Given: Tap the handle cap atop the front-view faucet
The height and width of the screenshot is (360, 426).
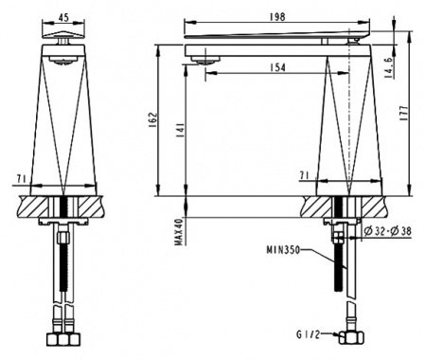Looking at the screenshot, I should (x=63, y=39).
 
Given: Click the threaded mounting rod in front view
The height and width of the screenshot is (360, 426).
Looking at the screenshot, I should (x=63, y=275).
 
